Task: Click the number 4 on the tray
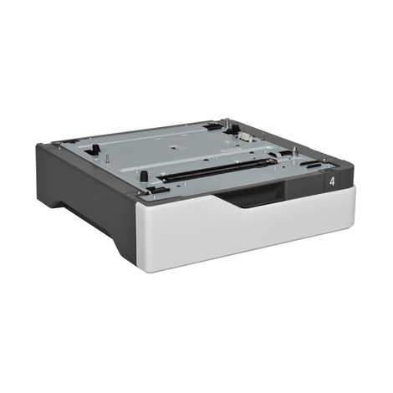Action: click(334, 181)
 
